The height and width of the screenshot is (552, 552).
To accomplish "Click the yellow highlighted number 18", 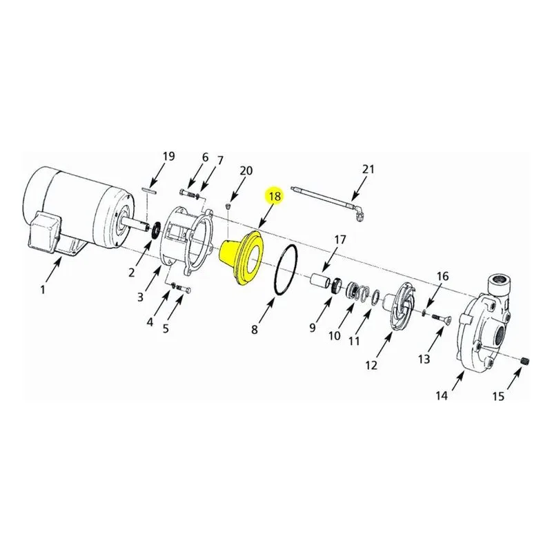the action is click(275, 196).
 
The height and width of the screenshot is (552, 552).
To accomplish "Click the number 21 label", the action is click(368, 169).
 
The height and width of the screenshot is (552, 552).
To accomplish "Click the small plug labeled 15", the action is click(525, 361).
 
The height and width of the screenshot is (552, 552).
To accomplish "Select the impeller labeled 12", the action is click(401, 304).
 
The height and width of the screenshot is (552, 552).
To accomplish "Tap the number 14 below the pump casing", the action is click(442, 395).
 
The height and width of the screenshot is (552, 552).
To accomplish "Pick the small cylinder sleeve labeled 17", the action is click(320, 281).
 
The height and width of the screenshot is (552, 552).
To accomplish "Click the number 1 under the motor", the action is click(43, 290).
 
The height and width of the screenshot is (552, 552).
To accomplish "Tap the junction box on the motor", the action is click(44, 232).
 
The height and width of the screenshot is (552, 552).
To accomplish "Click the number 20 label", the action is click(246, 170).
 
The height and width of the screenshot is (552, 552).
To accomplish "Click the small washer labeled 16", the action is click(424, 312).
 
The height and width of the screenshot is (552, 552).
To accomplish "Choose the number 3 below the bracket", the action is click(141, 297).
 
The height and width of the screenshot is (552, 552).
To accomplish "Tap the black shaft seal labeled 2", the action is click(155, 230).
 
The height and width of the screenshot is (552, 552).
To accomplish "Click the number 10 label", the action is click(335, 336).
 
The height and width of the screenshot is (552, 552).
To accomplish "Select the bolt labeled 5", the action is click(184, 289).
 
